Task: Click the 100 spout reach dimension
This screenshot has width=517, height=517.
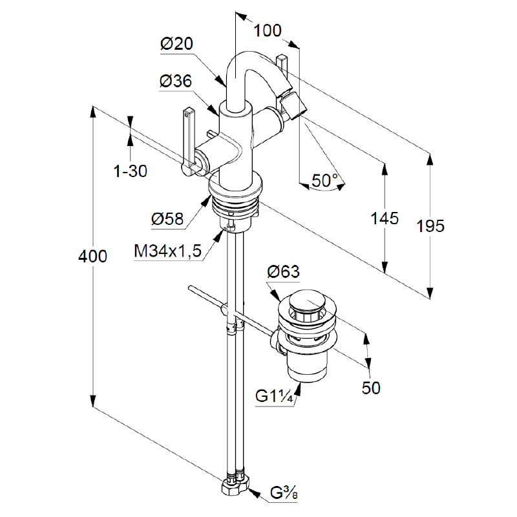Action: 268,30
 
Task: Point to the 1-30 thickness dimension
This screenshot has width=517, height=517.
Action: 131,171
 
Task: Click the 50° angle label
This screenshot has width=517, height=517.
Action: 326,181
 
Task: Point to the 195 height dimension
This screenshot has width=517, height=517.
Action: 430,226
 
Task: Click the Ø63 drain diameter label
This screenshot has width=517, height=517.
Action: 283,272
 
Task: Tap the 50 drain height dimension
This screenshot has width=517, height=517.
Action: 371,388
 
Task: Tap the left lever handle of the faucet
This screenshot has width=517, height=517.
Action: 189,139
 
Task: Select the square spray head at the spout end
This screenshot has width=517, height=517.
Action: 294,105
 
